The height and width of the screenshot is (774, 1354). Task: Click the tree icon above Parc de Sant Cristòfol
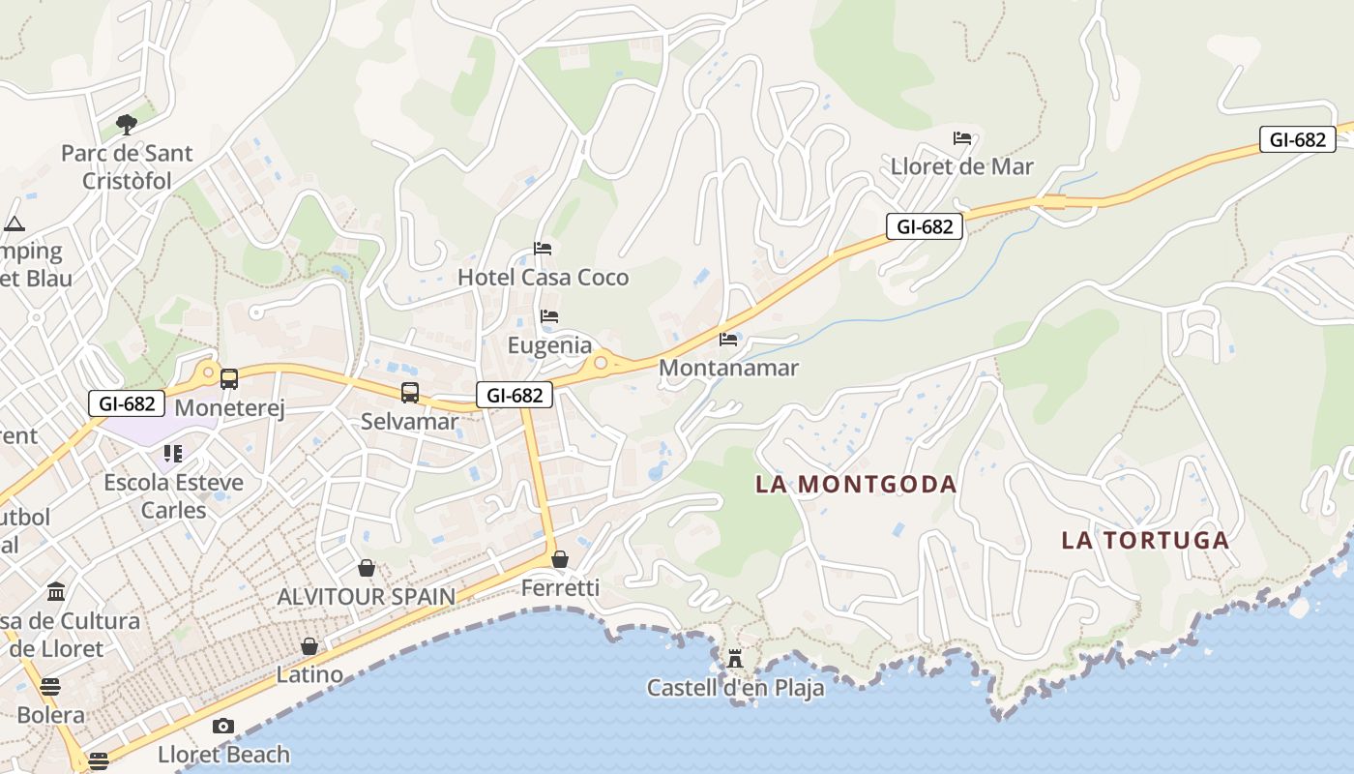coord(126,124)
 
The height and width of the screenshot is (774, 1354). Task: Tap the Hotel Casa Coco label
coord(543,277)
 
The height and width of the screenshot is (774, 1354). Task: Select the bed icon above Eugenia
coord(549,316)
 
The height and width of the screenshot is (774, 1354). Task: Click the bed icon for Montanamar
coord(728,340)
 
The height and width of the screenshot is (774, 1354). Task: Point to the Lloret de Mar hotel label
coord(961,166)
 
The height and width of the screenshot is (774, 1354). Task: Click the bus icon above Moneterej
coord(229,379)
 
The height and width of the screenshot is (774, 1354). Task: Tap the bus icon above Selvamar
coord(410,393)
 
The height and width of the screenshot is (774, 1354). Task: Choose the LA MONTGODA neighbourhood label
coord(856,484)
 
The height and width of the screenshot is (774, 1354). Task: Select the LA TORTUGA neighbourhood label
coord(1145,540)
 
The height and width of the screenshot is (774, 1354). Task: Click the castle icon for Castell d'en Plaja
coord(735,659)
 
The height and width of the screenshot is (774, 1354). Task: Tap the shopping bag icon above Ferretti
coord(560,559)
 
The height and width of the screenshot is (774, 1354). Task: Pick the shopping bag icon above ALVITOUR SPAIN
coord(367,568)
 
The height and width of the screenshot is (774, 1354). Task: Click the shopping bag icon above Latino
coord(309,646)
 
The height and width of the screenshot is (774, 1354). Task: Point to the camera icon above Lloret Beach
coord(223,726)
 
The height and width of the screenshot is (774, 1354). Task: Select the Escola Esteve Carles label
coord(174,495)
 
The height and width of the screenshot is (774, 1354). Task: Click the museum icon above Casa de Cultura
coord(56,591)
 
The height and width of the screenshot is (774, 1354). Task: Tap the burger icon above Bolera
coord(50,687)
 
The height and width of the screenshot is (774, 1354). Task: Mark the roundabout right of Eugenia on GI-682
coord(601,363)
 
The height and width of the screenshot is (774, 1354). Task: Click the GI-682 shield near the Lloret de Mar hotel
coord(924,226)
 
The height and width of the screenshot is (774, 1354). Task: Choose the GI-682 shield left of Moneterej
coord(127,403)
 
